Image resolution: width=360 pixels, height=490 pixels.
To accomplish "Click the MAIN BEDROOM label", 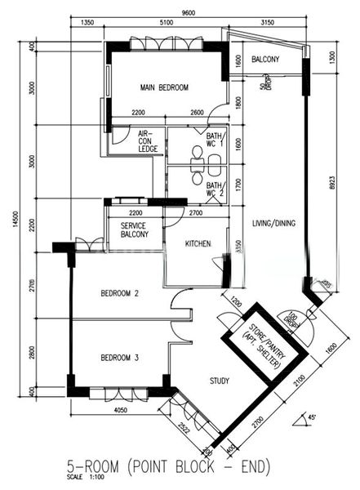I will tap(164, 87).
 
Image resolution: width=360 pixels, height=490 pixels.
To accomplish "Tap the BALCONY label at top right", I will tap(265, 60).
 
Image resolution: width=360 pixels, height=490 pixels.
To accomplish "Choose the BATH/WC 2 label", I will tap(215, 190).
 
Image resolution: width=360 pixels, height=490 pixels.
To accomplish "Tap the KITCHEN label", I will tap(198, 243).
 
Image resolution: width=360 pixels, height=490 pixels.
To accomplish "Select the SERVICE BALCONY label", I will tap(134, 229).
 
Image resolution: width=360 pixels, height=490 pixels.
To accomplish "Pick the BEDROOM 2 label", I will tap(119, 293).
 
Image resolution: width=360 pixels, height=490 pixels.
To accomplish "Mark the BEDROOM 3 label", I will tap(119, 358).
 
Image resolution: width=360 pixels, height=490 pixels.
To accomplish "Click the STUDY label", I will tap(219, 381).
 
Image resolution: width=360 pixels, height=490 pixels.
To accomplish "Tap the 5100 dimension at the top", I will tap(167, 24).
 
